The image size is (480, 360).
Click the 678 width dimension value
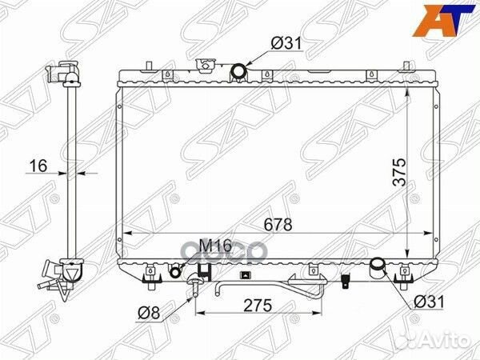click(x=278, y=225)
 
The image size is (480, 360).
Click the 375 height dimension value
click(x=399, y=172)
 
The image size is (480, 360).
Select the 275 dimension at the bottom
click(x=258, y=306)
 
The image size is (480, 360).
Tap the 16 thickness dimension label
click(x=38, y=166)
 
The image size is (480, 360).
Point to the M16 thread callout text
click(x=215, y=246)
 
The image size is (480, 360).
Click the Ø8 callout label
click(x=149, y=313)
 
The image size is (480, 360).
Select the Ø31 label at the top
click(x=286, y=43)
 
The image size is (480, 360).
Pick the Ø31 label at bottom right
click(x=429, y=302)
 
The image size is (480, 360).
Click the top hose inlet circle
click(x=238, y=71)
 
